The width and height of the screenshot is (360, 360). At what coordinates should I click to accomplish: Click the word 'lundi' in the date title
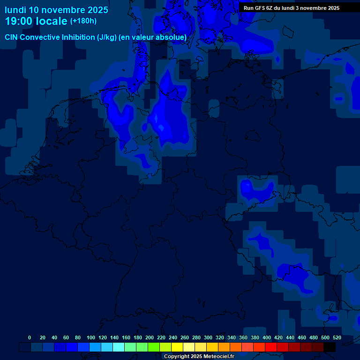(15, 10)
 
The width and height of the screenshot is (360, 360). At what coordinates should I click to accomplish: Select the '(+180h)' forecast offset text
(83, 21)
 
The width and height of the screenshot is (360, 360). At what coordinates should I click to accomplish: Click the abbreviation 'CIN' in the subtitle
(12, 37)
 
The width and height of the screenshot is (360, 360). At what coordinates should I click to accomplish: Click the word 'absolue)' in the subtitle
(171, 37)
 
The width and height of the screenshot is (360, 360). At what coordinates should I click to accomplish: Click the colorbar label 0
(30, 337)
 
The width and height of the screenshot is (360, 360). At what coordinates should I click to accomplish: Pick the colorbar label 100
(91, 337)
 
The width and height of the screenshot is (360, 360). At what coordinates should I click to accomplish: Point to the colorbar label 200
(150, 337)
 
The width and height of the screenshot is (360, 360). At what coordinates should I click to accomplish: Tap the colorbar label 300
(208, 337)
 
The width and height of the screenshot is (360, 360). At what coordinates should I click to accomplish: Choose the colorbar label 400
(267, 337)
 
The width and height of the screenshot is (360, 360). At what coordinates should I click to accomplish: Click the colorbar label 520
(337, 337)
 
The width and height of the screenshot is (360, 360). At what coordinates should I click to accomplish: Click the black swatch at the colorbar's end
(330, 347)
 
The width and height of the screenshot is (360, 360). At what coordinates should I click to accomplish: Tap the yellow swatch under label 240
(177, 347)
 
